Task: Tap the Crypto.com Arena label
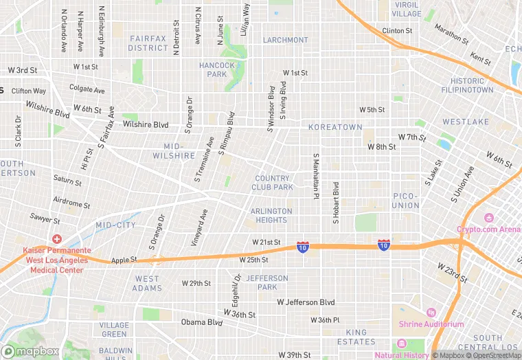(488, 229)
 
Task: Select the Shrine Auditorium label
(431, 324)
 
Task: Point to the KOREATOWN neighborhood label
(334, 128)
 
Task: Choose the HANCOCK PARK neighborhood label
(217, 69)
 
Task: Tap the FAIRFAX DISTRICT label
(148, 43)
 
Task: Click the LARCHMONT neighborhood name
(285, 40)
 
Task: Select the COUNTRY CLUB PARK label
(273, 183)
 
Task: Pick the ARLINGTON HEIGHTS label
(271, 216)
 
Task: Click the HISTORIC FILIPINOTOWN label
(468, 85)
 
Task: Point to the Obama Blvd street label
(202, 322)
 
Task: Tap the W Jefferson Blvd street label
(306, 302)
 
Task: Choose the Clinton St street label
(397, 31)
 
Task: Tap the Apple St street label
(124, 260)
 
